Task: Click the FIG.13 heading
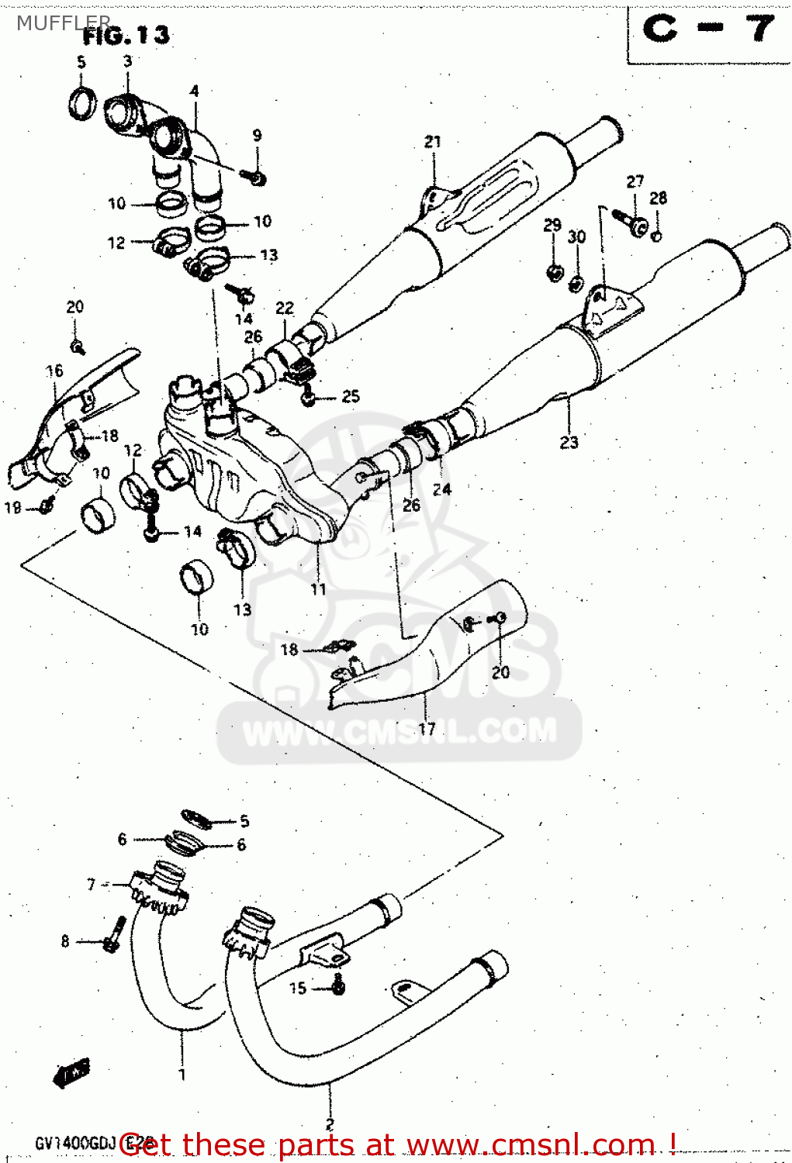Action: point(126,35)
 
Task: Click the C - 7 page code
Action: point(707,30)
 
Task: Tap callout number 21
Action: point(432,142)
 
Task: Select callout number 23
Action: point(569,442)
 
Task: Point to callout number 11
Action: point(318,589)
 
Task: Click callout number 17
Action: point(427,729)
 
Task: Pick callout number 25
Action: point(351,397)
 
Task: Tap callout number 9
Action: point(257,136)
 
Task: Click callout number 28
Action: point(658,198)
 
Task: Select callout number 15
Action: point(298,988)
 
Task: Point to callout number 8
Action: point(65,941)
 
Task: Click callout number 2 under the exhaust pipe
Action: point(329,1124)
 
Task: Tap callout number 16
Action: point(54,371)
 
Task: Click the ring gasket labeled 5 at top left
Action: point(81,103)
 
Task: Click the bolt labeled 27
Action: point(631,220)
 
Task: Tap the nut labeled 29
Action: point(554,271)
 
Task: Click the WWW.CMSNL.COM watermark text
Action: point(399,731)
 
